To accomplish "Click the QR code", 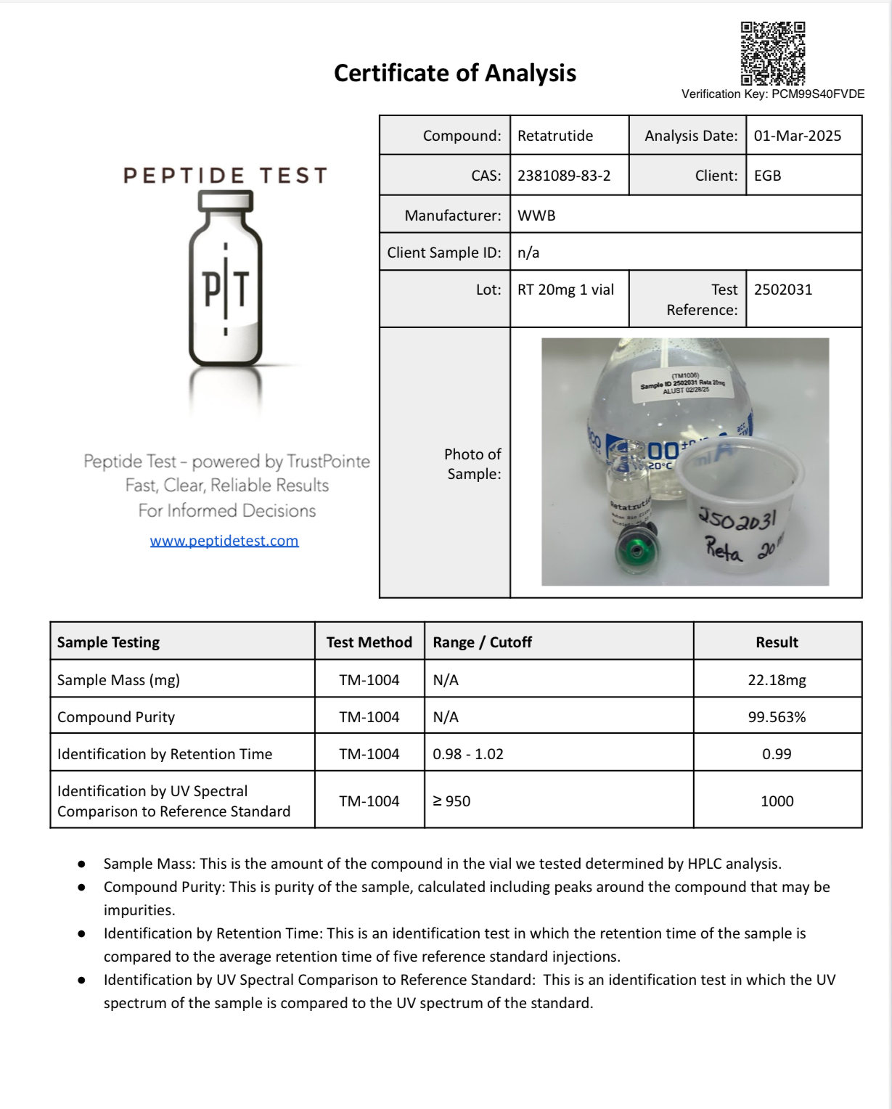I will [772, 54].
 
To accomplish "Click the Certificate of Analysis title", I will [455, 73].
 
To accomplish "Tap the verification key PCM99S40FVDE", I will [817, 94].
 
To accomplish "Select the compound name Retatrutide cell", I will [555, 136].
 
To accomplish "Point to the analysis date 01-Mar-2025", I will [797, 136].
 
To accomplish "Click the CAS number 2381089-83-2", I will [564, 176].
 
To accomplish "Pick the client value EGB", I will [767, 176].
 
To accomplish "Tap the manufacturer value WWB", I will [536, 216].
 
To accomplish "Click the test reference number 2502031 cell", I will [783, 290].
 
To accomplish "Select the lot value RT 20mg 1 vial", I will [565, 290].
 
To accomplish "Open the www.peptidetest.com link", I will [224, 541].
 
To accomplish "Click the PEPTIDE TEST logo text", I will [226, 176].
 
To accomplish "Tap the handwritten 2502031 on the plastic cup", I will [737, 517].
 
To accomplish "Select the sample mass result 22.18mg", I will [777, 680].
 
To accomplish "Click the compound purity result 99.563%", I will [777, 717].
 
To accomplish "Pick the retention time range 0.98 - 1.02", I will [468, 754].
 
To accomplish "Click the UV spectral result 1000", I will [777, 801].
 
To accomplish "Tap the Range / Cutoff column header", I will [482, 642].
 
